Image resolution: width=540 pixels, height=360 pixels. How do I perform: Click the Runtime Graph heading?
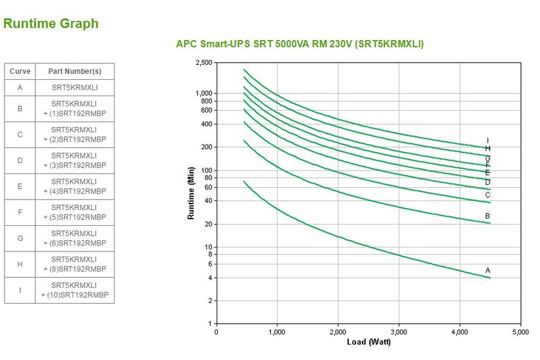(x=51, y=24)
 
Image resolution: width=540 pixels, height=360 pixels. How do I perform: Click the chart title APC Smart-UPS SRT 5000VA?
(x=300, y=44)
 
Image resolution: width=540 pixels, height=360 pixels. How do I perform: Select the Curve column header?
(x=20, y=71)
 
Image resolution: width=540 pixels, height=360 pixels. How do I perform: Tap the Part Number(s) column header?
(x=75, y=71)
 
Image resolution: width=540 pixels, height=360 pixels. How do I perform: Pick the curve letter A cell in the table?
(x=20, y=88)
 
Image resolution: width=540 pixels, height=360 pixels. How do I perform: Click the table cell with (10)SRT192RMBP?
(x=75, y=290)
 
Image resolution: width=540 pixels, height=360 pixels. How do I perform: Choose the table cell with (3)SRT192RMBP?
(x=75, y=160)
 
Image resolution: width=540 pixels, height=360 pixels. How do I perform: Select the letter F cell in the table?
(x=20, y=212)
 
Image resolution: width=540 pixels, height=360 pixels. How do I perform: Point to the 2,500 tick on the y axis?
(x=204, y=63)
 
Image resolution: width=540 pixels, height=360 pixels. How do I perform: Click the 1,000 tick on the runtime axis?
(x=204, y=93)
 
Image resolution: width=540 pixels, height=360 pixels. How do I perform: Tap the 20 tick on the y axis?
(x=207, y=224)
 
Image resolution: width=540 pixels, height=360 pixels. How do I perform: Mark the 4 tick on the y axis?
(x=209, y=278)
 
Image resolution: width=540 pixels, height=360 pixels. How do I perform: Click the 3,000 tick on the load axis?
(x=399, y=332)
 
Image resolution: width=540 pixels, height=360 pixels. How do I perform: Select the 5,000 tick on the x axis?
(x=521, y=332)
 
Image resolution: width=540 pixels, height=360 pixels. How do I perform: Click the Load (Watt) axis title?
(x=369, y=342)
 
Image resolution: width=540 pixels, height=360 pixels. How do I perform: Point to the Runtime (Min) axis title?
(x=191, y=193)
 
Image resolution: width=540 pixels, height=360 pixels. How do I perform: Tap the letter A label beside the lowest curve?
(x=488, y=270)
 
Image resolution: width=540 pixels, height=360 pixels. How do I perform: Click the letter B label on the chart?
(x=488, y=216)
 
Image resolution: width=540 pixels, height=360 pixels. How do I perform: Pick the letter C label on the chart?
(x=488, y=195)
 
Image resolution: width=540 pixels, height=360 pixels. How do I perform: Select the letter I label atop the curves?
(x=488, y=141)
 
